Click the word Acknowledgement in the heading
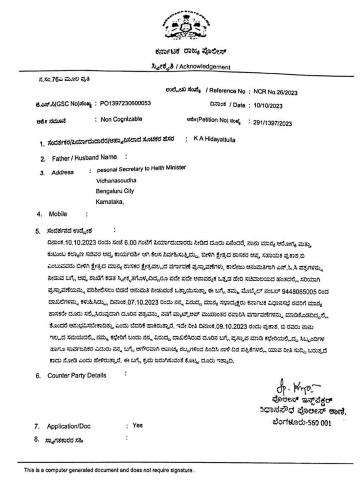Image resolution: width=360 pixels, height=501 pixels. click(207, 67)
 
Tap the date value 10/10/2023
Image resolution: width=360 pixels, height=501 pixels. click(269, 105)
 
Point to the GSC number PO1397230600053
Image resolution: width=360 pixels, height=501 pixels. click(125, 104)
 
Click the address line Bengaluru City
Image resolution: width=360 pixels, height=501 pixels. click(115, 191)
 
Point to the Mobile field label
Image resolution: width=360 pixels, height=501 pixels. click(58, 214)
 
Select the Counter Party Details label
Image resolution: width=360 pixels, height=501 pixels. click(76, 375)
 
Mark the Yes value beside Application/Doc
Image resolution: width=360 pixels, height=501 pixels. click(137, 425)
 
